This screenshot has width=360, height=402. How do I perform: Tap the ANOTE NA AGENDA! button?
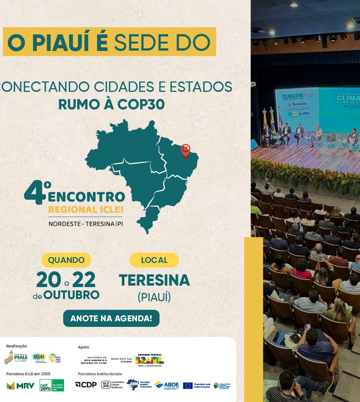click(111, 318)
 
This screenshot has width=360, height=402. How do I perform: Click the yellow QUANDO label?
click(66, 260)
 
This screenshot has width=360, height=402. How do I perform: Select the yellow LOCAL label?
click(154, 260)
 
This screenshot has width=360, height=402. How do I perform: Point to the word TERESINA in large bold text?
click(154, 280)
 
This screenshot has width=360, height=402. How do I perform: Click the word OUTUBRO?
click(71, 295)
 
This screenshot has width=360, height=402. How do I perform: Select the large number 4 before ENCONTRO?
click(34, 193)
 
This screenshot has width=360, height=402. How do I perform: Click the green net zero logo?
click(52, 385)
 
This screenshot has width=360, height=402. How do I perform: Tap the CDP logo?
click(86, 385)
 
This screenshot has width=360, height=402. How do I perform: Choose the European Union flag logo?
click(188, 385)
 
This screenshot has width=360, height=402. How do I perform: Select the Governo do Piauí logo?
click(16, 357)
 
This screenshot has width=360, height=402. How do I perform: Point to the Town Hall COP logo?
click(54, 358)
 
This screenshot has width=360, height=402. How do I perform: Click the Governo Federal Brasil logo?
click(149, 360)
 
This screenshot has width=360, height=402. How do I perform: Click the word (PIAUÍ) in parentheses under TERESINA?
click(154, 298)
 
